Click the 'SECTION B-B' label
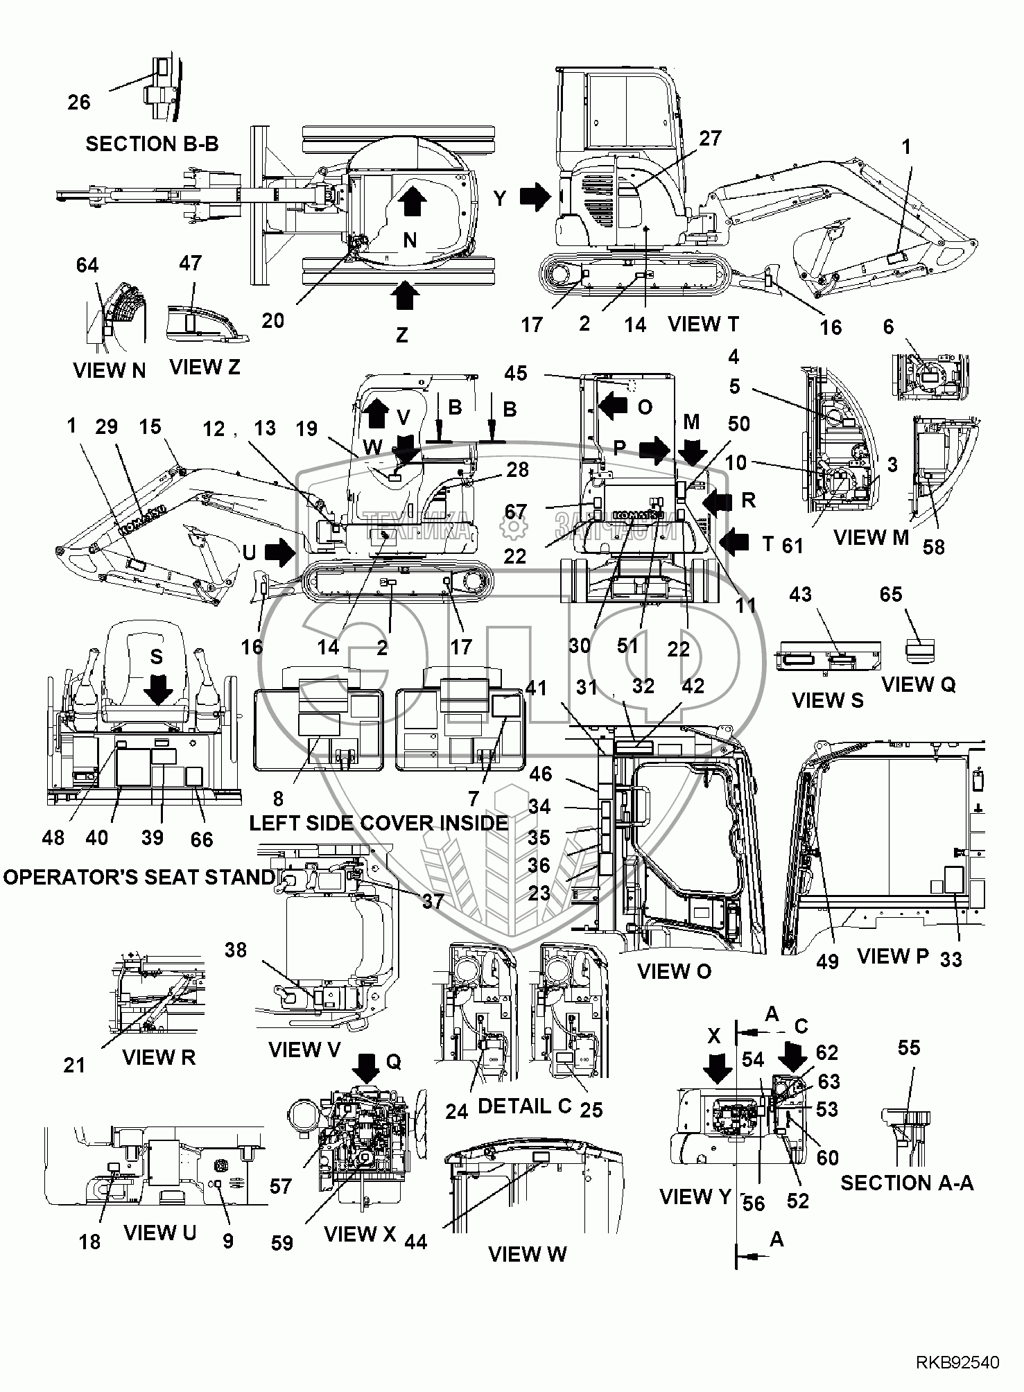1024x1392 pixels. point(152,143)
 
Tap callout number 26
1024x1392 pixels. point(79,102)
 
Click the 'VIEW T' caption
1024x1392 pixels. point(704,324)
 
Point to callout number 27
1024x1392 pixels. point(711,138)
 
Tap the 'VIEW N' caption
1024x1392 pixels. point(110,370)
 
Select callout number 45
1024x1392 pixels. point(516,373)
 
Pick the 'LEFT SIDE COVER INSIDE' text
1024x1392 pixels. point(379,823)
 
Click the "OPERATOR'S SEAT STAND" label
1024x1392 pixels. point(139,877)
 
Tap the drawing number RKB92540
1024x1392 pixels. point(958,1363)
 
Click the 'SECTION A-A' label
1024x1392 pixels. point(907,1183)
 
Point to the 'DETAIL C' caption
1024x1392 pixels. point(524,1106)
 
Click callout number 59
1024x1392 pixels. point(282,1243)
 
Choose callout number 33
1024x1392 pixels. point(951,959)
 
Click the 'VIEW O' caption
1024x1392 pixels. point(674,971)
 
